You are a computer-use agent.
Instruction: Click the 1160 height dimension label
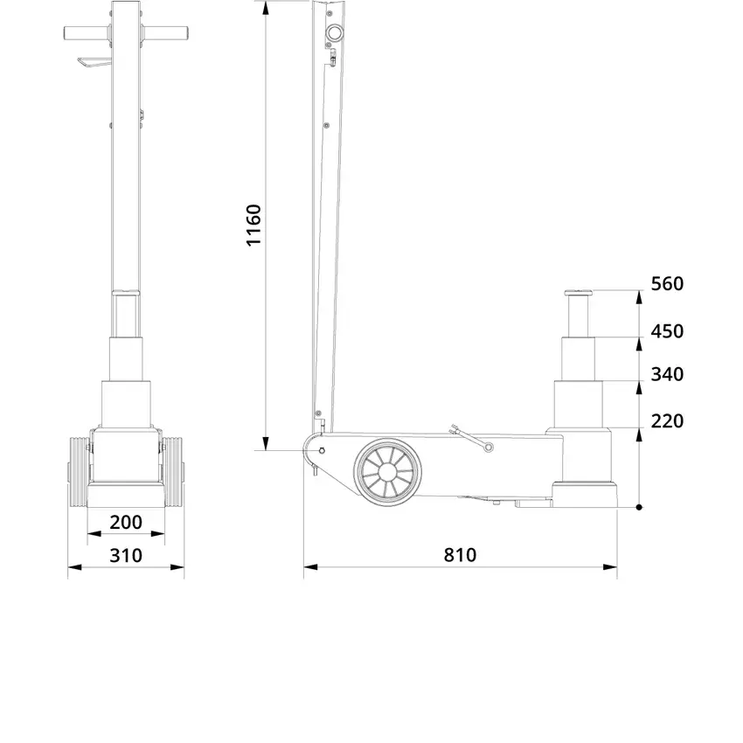point(254,225)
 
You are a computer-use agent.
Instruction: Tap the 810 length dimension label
point(460,555)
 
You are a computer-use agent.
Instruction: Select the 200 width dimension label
point(126,522)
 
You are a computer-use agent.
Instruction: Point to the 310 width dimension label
point(126,555)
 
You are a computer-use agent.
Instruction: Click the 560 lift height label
point(667,284)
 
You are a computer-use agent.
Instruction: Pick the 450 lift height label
point(667,331)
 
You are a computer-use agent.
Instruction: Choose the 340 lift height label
point(667,374)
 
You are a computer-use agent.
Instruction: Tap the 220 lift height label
point(667,420)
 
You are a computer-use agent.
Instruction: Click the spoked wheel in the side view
point(387,472)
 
